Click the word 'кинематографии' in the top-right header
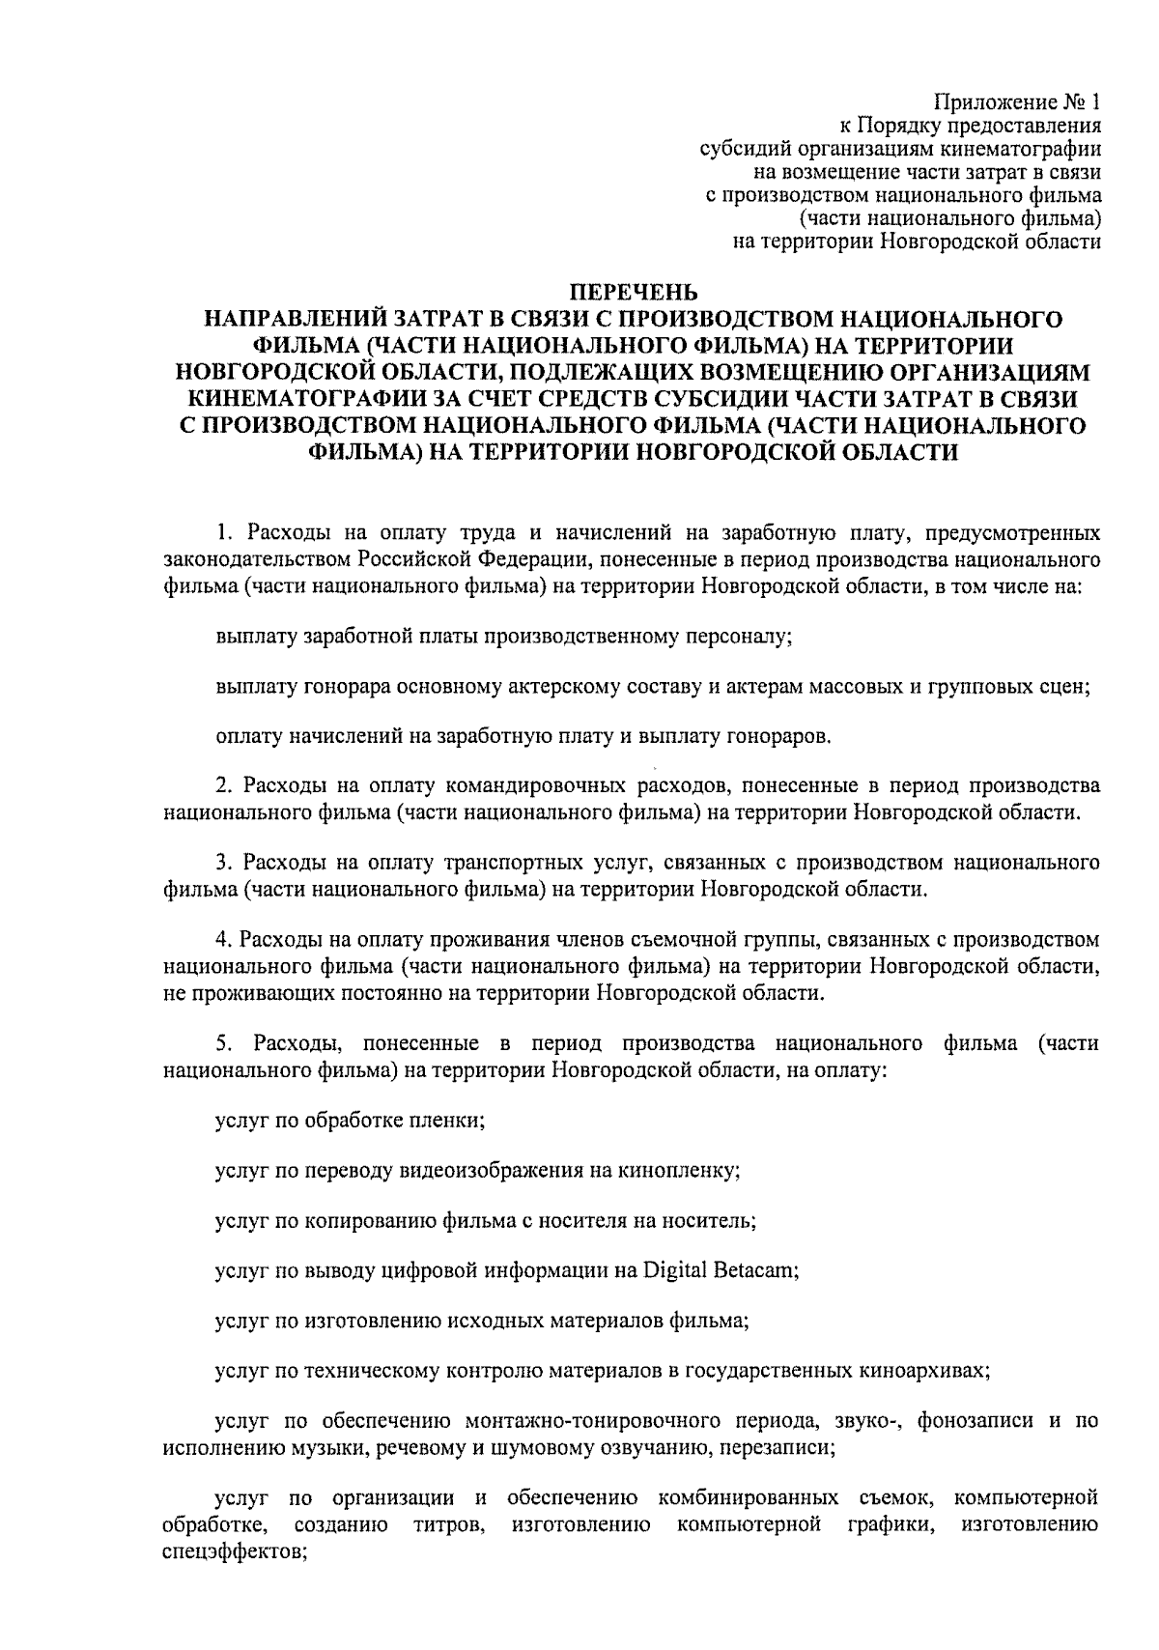(1023, 149)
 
